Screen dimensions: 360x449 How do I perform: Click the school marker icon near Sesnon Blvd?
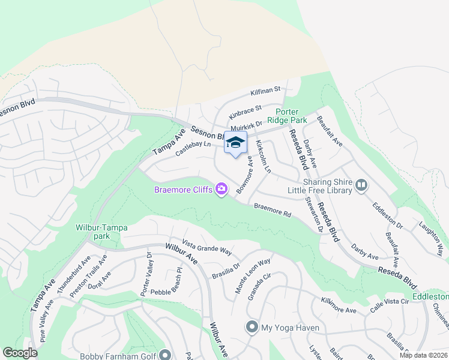(x=235, y=143)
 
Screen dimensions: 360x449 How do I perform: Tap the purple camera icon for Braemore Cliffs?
(x=222, y=190)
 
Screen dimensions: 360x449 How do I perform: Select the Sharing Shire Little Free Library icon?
(x=361, y=185)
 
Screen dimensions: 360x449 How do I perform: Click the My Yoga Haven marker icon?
(x=252, y=328)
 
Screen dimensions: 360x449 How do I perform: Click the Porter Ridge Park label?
(x=291, y=115)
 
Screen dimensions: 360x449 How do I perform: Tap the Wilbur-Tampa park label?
(x=97, y=232)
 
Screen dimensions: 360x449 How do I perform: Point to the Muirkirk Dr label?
(x=246, y=127)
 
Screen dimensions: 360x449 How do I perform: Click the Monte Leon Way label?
(x=252, y=275)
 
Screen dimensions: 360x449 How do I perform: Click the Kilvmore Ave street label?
(x=339, y=305)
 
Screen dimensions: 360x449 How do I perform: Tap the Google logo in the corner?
(x=20, y=353)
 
